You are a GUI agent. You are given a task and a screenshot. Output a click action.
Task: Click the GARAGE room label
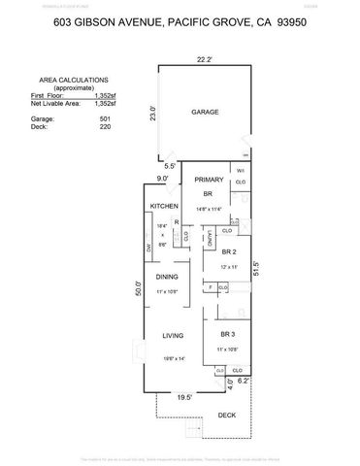[x=205, y=112]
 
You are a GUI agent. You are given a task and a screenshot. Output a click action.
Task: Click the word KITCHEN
[x=161, y=205]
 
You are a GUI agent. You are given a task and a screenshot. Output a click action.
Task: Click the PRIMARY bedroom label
[x=209, y=180]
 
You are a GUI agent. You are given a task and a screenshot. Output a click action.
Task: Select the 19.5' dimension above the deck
[x=183, y=396]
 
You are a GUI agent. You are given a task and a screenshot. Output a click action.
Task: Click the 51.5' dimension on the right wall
[x=282, y=269]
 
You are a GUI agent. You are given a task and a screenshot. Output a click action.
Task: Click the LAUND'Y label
[x=211, y=238]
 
